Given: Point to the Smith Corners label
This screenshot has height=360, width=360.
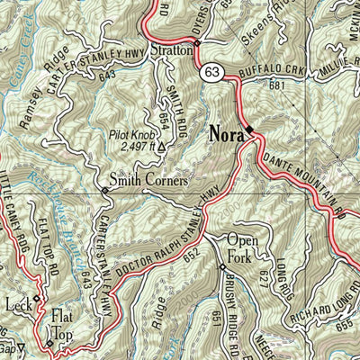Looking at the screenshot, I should click(x=148, y=180).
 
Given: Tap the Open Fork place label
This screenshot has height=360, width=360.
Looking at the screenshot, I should click(x=242, y=247).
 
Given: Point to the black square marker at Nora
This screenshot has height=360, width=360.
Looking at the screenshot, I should click(x=252, y=131).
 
